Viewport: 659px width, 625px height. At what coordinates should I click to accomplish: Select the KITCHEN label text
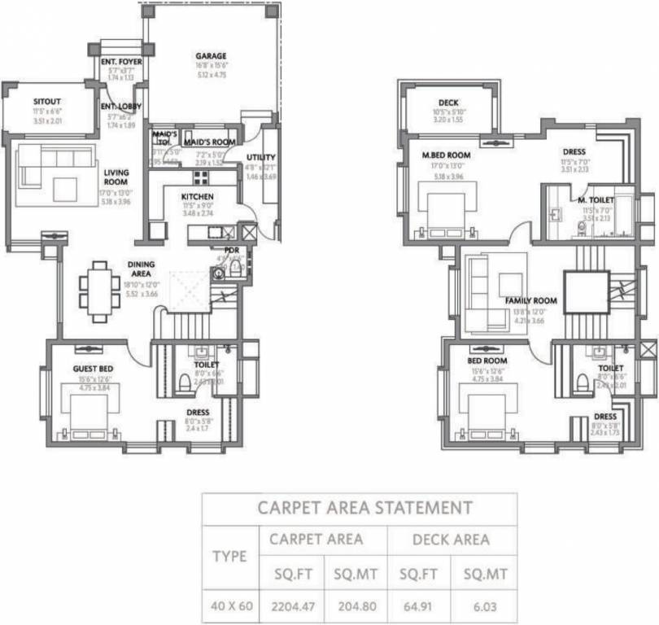tap(198, 197)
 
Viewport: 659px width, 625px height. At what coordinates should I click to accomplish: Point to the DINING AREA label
tap(141, 269)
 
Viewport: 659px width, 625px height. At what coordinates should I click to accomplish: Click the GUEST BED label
tap(92, 369)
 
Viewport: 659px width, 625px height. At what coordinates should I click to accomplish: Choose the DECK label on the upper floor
tap(448, 103)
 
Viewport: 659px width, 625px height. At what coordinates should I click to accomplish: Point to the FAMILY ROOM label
tap(530, 300)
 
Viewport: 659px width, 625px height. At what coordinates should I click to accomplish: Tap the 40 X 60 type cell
tap(230, 606)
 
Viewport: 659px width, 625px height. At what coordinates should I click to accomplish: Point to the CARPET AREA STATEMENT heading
tap(364, 509)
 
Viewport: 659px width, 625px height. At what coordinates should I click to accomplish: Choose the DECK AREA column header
tap(452, 539)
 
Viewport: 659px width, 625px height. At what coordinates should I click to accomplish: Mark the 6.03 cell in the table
tap(485, 606)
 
